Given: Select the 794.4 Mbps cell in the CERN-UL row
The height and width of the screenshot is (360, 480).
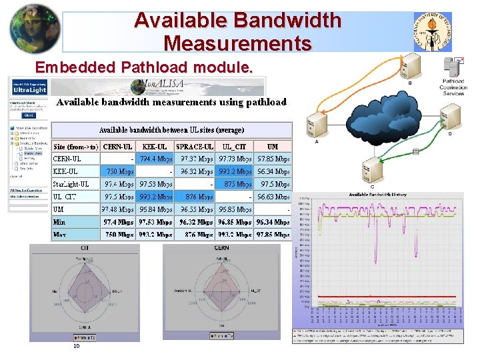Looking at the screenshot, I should tap(155, 159).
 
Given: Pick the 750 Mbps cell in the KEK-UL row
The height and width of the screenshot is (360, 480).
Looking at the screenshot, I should tap(119, 171).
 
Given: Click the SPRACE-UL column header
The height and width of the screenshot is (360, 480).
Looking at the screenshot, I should tap(194, 146).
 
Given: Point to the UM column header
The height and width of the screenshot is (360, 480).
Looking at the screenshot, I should tap(273, 146).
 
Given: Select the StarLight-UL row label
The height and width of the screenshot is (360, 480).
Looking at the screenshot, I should tap(71, 184).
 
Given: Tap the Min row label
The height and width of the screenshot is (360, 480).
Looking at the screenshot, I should tap(59, 222).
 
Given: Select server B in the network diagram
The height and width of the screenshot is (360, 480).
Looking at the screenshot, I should tap(410, 66).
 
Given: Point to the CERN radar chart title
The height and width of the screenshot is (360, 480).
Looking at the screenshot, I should tap(221, 248).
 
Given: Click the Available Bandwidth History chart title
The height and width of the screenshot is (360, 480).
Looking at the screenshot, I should tap(379, 195).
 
